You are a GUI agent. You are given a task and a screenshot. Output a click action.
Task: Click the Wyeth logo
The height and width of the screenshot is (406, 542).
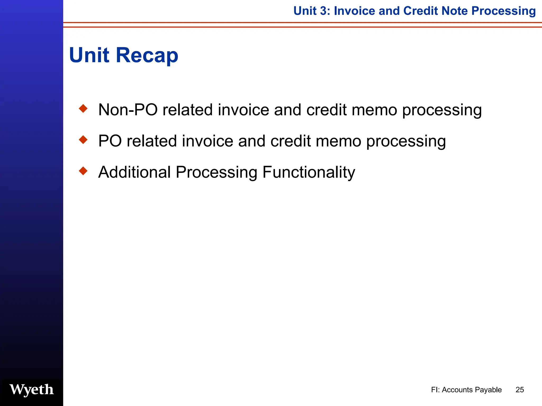tap(31, 390)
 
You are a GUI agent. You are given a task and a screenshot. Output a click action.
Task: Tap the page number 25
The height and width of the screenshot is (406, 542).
tap(520, 390)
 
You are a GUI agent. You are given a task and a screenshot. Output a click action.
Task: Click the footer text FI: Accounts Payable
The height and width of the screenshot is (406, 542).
tap(466, 390)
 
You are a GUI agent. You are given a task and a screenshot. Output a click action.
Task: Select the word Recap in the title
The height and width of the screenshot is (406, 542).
tap(147, 56)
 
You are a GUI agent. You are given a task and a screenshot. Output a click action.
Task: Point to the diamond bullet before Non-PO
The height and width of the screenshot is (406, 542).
tap(83, 109)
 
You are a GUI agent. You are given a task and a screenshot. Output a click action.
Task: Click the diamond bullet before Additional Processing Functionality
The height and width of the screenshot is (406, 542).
tap(83, 171)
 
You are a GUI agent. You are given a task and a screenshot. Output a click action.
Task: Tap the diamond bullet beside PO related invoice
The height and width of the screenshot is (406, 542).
tap(83, 140)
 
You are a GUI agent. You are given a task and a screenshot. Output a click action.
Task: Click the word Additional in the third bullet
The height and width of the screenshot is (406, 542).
tap(134, 172)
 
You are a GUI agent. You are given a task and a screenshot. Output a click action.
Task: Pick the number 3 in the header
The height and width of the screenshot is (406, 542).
tap(323, 11)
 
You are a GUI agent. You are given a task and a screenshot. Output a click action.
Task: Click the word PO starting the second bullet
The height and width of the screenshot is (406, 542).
tap(110, 141)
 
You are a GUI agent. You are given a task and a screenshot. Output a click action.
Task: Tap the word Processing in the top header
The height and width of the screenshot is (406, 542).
tap(503, 11)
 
